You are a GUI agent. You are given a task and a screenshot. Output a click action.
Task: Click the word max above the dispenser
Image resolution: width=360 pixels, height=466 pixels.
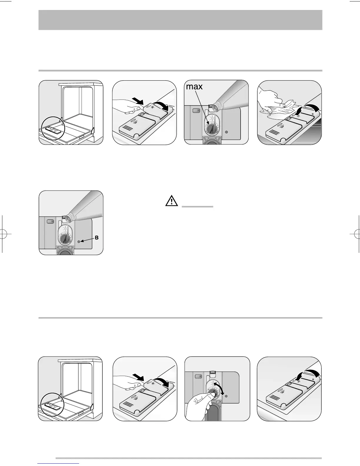point(194,86)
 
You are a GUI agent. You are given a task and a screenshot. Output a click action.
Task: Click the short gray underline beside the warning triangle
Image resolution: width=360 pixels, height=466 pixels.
point(197,207)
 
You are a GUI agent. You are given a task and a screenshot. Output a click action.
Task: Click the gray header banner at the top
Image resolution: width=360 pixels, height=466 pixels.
point(180,20)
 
